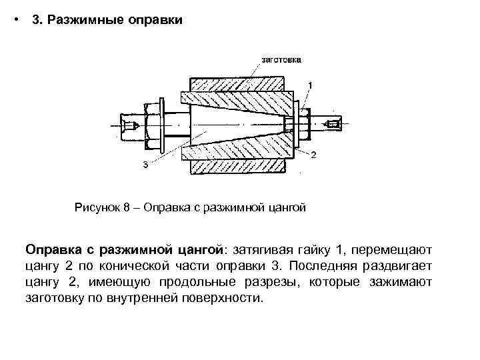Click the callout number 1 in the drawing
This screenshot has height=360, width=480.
[309, 84]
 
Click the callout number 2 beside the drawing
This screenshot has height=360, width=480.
[312, 155]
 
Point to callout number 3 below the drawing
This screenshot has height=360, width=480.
[146, 165]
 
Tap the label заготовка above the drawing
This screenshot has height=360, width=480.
[281, 59]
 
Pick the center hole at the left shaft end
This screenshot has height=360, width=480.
[131, 125]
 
